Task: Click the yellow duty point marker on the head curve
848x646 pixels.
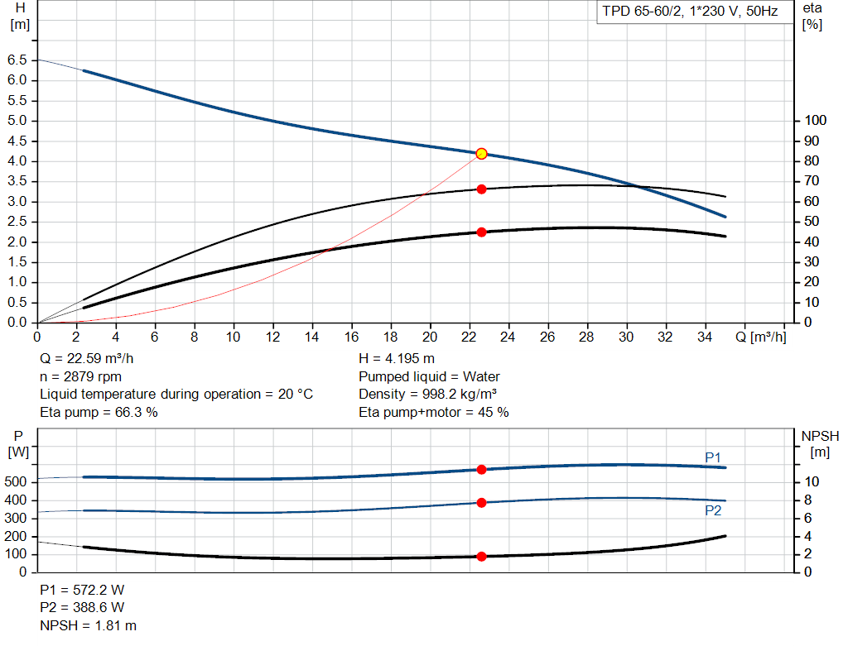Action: click(481, 154)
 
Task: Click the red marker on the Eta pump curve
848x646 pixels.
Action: click(481, 189)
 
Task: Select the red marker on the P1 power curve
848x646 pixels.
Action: click(481, 470)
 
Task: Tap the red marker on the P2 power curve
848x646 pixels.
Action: click(481, 503)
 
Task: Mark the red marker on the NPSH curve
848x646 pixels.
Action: click(481, 557)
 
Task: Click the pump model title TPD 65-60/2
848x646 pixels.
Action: click(690, 12)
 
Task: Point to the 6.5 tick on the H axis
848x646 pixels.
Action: click(17, 60)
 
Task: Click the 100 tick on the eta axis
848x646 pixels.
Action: click(816, 121)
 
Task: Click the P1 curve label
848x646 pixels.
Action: click(713, 457)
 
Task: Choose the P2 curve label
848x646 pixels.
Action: click(713, 511)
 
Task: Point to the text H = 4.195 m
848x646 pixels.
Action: click(397, 359)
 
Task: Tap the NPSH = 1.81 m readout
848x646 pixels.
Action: click(89, 626)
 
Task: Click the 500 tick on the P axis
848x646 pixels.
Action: click(17, 482)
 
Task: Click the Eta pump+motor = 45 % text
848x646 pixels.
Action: click(434, 412)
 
